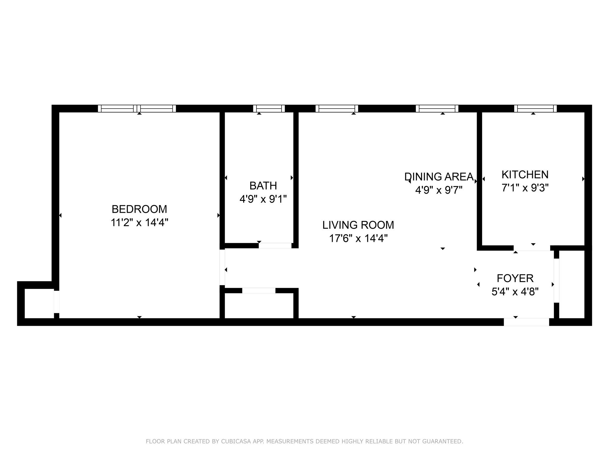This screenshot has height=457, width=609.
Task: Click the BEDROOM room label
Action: click(x=139, y=209)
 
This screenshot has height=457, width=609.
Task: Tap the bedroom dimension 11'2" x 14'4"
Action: click(x=139, y=223)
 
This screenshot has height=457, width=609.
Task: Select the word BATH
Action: click(x=263, y=186)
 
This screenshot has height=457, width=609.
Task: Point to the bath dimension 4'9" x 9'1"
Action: click(x=263, y=199)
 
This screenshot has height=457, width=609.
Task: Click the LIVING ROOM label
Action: click(x=358, y=225)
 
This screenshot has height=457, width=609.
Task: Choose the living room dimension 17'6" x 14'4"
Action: click(x=358, y=238)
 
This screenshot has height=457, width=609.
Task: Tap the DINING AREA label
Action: click(x=439, y=177)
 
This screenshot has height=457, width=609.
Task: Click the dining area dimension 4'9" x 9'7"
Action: click(x=439, y=190)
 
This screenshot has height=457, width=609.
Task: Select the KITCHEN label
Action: click(x=525, y=174)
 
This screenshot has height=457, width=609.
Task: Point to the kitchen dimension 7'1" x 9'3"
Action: click(x=525, y=188)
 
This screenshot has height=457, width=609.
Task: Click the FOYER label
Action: click(x=515, y=278)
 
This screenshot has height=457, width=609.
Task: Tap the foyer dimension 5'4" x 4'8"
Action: click(x=515, y=292)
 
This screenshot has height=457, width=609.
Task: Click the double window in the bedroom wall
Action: click(x=137, y=109)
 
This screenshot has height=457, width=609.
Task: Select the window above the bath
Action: click(x=269, y=109)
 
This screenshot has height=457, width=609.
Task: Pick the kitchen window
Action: click(x=535, y=109)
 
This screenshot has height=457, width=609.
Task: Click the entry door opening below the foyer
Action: click(x=526, y=322)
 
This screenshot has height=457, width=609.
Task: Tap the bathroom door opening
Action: click(x=275, y=246)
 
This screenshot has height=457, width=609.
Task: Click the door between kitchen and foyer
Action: click(x=532, y=248)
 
